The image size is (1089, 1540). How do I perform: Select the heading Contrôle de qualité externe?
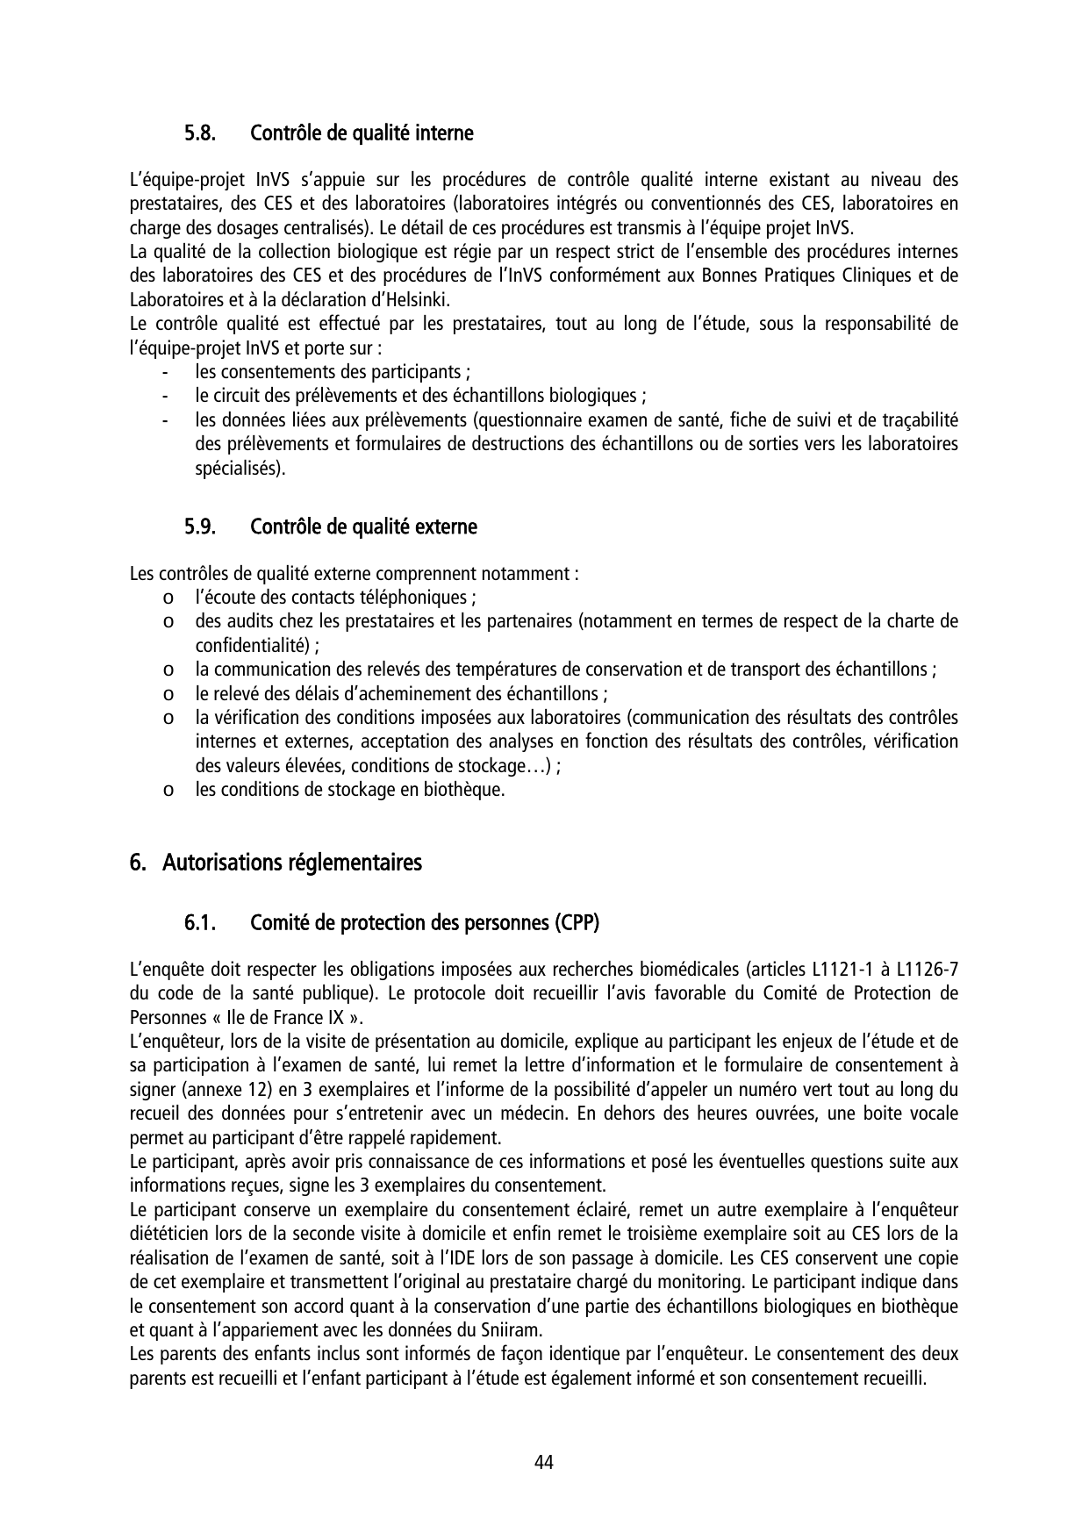tap(363, 527)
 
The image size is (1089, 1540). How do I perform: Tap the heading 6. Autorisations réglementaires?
tap(276, 863)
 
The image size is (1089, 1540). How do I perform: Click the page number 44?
tap(544, 1462)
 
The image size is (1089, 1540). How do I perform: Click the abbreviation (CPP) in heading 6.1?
tap(577, 924)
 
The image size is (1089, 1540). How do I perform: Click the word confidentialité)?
tap(254, 646)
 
